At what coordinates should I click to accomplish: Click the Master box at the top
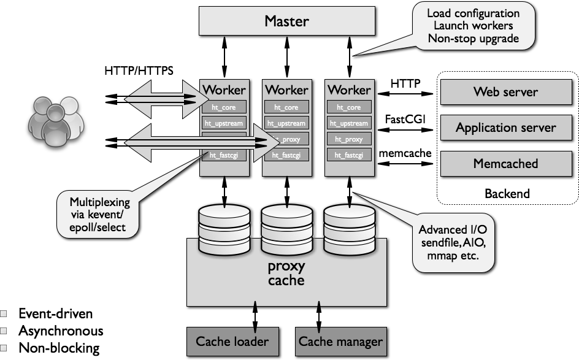286,21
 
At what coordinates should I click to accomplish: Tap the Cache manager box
340,342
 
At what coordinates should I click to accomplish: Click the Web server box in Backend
505,92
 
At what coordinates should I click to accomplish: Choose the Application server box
505,128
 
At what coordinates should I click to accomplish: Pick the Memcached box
505,164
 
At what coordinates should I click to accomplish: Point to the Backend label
507,194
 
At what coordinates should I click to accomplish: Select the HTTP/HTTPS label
139,71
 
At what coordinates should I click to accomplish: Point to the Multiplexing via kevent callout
98,214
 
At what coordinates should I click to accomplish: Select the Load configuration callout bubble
472,25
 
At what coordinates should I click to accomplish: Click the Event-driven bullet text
55,314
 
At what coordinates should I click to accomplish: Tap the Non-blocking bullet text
58,348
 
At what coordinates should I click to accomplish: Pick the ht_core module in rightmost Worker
349,107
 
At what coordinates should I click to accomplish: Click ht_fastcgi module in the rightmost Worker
349,156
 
